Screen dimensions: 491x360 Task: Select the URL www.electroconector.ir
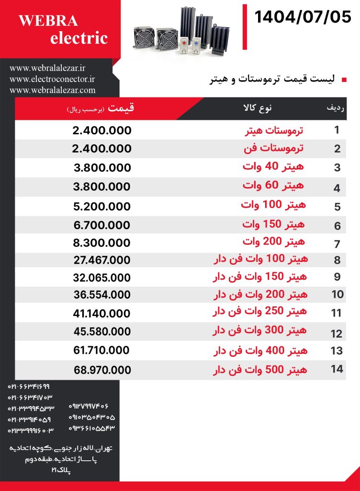pyautogui.click(x=52, y=79)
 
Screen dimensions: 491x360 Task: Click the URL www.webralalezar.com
pyautogui.click(x=52, y=90)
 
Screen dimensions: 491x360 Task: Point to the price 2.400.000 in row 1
pyautogui.click(x=101, y=130)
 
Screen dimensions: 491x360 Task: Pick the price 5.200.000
pyautogui.click(x=101, y=207)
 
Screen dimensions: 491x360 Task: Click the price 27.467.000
pyautogui.click(x=101, y=260)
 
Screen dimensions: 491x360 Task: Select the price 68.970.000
pyautogui.click(x=102, y=370)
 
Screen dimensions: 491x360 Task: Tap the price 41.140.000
pyautogui.click(x=101, y=313)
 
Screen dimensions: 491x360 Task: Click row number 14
pyautogui.click(x=337, y=369)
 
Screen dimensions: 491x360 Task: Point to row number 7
pyautogui.click(x=337, y=244)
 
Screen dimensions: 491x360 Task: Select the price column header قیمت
pyautogui.click(x=121, y=108)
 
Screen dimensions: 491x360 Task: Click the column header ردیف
pyautogui.click(x=336, y=108)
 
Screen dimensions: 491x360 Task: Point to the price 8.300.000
pyautogui.click(x=101, y=243)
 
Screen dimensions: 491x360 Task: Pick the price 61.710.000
pyautogui.click(x=101, y=351)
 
